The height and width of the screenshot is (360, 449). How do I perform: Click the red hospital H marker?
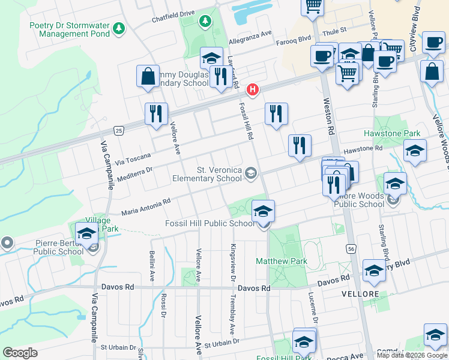[253, 90]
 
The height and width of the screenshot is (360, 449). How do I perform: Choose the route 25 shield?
[119, 130]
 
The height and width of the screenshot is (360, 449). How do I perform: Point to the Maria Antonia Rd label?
[146, 207]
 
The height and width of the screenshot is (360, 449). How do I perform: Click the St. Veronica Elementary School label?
[206, 174]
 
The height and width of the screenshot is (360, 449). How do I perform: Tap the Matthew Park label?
[282, 261]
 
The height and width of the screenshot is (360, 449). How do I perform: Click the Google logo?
[20, 353]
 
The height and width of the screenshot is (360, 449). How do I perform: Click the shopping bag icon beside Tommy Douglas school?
[148, 77]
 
